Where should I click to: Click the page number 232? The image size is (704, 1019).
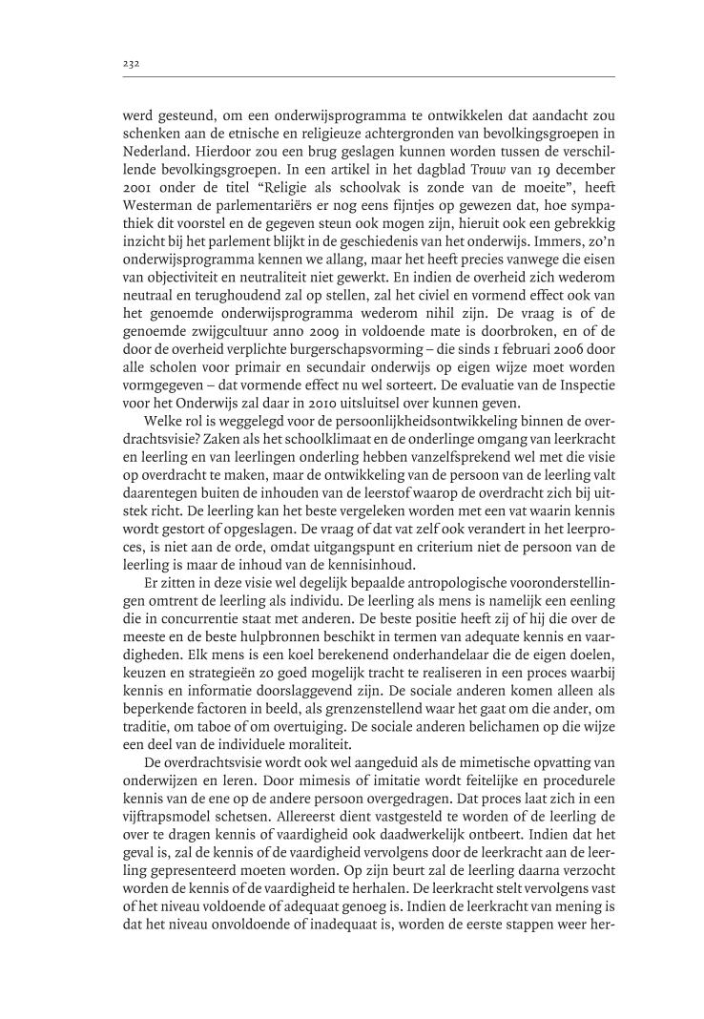pos(132,64)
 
